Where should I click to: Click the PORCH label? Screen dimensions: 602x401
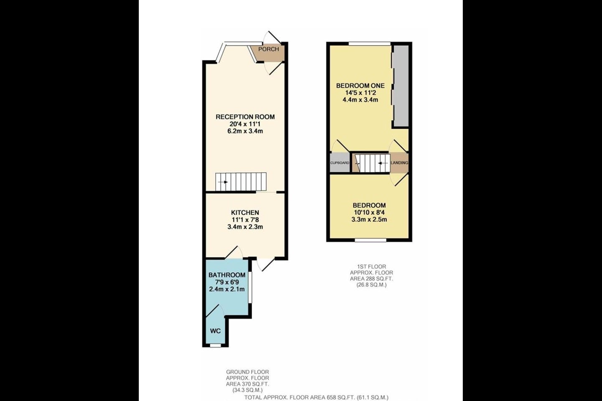click(268, 49)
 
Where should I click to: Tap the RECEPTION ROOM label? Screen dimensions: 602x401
click(245, 117)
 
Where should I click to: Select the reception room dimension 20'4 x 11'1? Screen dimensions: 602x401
click(245, 124)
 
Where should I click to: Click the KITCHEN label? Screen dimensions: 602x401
click(245, 213)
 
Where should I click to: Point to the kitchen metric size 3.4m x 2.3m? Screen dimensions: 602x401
click(245, 227)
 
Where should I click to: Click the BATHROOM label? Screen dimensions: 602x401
click(227, 275)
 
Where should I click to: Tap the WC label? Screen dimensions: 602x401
click(215, 331)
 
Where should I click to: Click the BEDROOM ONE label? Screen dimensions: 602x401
click(360, 86)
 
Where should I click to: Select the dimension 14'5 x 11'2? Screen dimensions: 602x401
click(360, 93)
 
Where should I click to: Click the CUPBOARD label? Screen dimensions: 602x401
click(340, 163)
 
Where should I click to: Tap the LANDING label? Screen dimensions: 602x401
click(399, 163)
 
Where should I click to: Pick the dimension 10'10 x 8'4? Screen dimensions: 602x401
click(369, 213)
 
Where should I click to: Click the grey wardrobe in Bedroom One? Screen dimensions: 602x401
click(401, 86)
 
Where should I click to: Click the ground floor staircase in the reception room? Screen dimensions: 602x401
click(241, 182)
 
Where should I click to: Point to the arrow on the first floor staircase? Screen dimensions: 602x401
click(383, 163)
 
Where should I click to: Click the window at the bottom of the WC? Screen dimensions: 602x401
click(215, 346)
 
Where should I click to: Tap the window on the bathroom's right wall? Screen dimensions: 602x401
click(250, 287)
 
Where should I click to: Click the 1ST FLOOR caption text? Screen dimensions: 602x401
click(371, 266)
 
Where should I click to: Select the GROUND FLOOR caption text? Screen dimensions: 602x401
click(247, 372)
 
